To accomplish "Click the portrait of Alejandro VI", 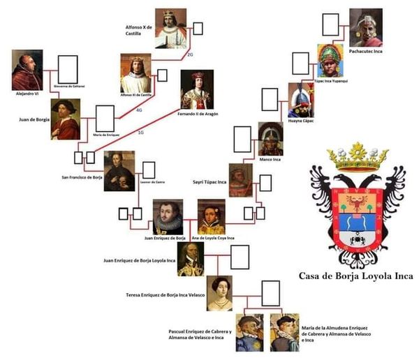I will click(x=27, y=70).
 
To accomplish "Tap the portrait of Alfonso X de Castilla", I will click(x=170, y=28).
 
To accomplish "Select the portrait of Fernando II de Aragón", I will click(x=197, y=89).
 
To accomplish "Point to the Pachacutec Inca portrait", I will click(x=365, y=28).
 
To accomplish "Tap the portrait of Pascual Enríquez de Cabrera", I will click(x=249, y=332).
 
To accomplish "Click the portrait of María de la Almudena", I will click(x=284, y=332).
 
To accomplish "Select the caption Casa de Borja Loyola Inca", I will click(x=355, y=276).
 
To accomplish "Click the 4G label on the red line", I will click(x=139, y=110).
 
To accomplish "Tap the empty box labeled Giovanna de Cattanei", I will click(x=67, y=68).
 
